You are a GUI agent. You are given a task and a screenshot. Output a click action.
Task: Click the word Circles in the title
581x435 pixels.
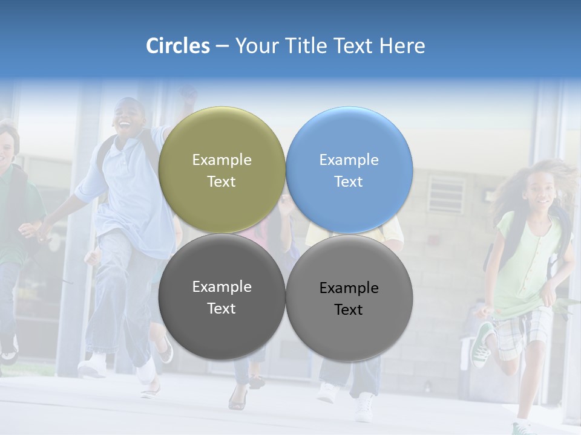click(177, 46)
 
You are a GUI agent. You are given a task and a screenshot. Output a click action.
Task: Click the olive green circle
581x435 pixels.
click(222, 170)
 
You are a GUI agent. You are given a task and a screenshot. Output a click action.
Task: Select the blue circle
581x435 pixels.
click(349, 170)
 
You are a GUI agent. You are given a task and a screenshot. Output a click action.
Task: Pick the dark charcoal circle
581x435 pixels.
click(222, 297)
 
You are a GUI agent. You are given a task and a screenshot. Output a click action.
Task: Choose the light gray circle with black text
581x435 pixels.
click(349, 298)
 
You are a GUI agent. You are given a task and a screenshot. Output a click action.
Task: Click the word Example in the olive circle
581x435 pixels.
click(222, 160)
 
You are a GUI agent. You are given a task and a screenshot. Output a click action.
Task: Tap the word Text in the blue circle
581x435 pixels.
click(349, 182)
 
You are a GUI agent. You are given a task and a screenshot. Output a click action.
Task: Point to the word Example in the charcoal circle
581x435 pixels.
click(222, 287)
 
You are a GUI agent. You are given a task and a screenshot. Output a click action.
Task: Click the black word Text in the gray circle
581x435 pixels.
click(349, 310)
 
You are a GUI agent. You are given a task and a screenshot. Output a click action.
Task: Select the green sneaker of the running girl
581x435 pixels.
click(482, 345)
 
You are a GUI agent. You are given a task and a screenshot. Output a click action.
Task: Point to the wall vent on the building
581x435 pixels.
click(447, 194)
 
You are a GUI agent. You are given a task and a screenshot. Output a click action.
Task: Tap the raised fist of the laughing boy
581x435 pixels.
click(188, 93)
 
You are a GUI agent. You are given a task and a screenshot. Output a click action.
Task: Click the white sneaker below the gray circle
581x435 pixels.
click(365, 407)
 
